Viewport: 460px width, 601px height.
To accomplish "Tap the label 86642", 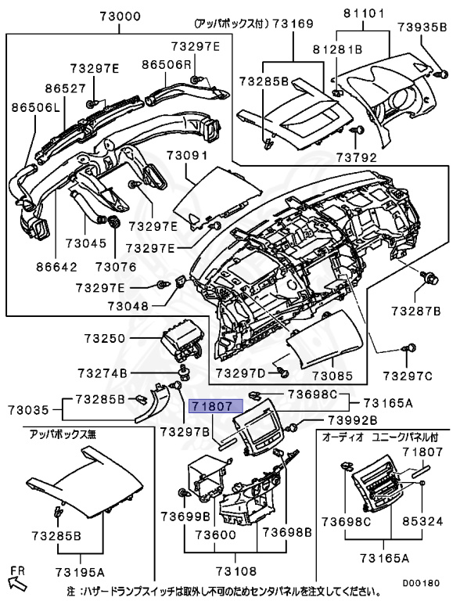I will pyautogui.click(x=56, y=266).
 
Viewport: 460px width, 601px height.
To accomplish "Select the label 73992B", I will pyautogui.click(x=352, y=419).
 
